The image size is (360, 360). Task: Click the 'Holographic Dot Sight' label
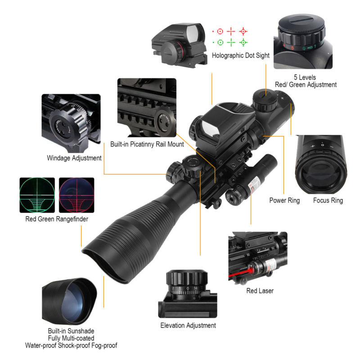[x=241, y=56]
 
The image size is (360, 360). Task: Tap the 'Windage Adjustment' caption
[x=74, y=158]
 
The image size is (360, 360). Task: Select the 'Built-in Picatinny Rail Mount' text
[x=147, y=144]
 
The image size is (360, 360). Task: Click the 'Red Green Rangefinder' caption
[x=56, y=219]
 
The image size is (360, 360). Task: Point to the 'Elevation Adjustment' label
[x=188, y=325]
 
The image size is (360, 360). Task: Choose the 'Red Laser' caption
[x=260, y=291]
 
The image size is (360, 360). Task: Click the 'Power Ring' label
[x=284, y=200]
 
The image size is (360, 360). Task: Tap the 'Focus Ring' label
[x=328, y=200]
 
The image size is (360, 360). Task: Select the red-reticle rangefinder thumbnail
[x=77, y=195]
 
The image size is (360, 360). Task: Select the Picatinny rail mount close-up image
[x=147, y=108]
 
